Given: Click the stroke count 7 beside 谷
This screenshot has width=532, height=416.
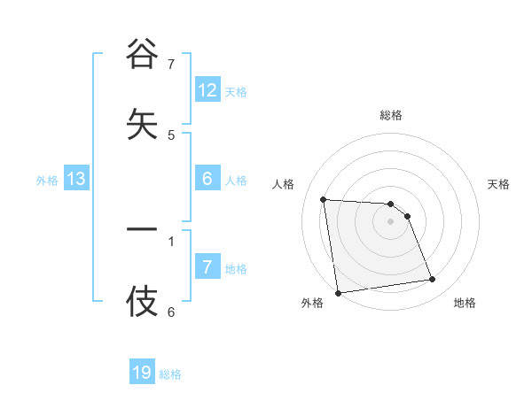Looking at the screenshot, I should pos(171,65).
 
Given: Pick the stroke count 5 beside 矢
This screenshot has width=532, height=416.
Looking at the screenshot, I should pos(171,135).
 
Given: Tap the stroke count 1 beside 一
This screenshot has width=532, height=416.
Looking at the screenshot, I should pos(171,240).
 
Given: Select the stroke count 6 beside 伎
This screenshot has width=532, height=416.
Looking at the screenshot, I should pos(171,312).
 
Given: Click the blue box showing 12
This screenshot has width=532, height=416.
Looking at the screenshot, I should pos(207,90).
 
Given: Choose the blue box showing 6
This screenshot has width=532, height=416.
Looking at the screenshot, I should pos(207,179).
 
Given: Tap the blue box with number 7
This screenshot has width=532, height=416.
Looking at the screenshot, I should pos(207,267).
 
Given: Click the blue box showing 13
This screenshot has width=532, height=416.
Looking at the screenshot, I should pos(76,179).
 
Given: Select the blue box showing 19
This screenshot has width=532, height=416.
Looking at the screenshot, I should pos(142,373).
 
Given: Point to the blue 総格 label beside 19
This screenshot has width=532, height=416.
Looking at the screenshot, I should pos(170,374).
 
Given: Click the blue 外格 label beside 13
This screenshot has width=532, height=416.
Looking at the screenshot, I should pos(47,181).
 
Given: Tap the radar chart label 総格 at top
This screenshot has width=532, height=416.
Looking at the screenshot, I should pos(390,115).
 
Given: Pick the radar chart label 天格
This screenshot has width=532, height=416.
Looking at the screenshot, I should pos(499,184).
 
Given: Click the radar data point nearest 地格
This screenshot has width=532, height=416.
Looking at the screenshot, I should pos(433,280).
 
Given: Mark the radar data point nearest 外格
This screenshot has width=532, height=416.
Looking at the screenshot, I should pos(338,292).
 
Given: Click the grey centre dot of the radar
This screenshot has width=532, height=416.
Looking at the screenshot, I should pos(390,221).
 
